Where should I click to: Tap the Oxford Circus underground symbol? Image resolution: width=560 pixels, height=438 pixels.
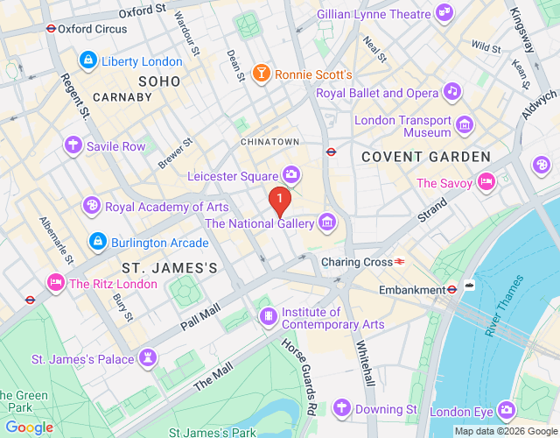coord(51,27)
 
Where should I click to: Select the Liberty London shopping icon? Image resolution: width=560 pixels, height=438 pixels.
coord(87,60)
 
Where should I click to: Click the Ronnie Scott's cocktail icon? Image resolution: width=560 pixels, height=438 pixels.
coord(261,74)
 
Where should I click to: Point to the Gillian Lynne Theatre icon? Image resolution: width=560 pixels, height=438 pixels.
coord(445,13)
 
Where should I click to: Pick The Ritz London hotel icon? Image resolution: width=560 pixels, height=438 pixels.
coord(56,283)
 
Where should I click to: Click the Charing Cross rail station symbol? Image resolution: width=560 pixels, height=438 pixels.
coord(399,261)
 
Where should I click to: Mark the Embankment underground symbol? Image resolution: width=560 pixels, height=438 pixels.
coord(452,289)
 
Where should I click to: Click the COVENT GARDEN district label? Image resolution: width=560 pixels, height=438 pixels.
coord(426,156)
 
